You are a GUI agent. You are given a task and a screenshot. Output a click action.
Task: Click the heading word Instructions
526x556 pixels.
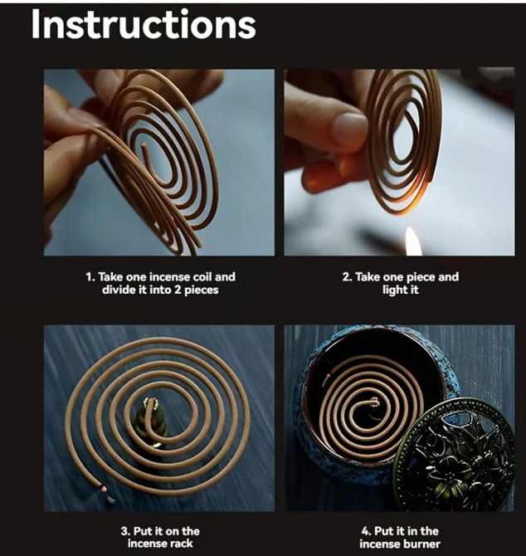pyautogui.click(x=144, y=24)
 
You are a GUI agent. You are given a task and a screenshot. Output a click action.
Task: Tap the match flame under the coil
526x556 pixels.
pyautogui.click(x=412, y=241)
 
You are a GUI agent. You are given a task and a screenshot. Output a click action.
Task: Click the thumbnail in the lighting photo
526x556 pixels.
pyautogui.click(x=350, y=127)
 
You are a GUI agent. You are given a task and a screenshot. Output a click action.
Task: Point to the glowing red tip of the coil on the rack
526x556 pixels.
pyautogui.click(x=104, y=489)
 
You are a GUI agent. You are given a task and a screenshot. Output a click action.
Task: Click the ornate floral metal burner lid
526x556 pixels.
pyautogui.click(x=454, y=455)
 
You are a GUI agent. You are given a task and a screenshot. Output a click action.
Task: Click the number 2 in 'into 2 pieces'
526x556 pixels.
pyautogui.click(x=178, y=290)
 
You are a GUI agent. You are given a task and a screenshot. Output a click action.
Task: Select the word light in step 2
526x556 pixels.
pyautogui.click(x=392, y=290)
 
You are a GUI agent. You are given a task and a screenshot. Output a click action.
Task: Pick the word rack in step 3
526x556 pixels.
pyautogui.click(x=181, y=544)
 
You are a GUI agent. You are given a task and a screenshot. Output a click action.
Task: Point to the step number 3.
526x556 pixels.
pyautogui.click(x=124, y=531)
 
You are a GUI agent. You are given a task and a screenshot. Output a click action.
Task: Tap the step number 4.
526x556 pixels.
pyautogui.click(x=366, y=531)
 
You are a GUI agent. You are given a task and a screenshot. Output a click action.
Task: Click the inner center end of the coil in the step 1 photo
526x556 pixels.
pyautogui.click(x=144, y=145)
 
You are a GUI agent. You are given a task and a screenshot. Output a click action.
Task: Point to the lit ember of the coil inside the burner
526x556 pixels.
pyautogui.click(x=329, y=375)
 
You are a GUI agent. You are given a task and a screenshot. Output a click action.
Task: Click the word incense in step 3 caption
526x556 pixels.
pyautogui.click(x=146, y=544)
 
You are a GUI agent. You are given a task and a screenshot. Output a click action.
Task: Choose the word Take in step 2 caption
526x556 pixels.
pyautogui.click(x=366, y=276)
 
